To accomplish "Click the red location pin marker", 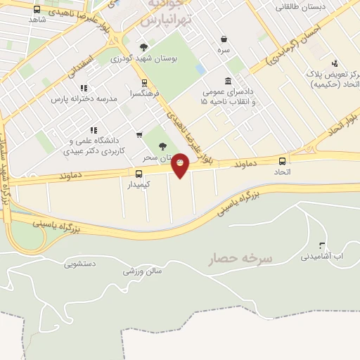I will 180,165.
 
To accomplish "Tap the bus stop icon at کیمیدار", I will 139,173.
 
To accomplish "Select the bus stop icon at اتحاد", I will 282,161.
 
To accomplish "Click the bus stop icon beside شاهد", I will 37,10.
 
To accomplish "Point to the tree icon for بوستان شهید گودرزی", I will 143,47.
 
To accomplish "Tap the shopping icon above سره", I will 224,39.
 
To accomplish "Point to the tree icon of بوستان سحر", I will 162,146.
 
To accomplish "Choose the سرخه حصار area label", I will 240,259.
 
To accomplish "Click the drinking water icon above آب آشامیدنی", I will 322,245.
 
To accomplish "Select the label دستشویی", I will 79,264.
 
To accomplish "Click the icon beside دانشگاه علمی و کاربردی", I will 93,130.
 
